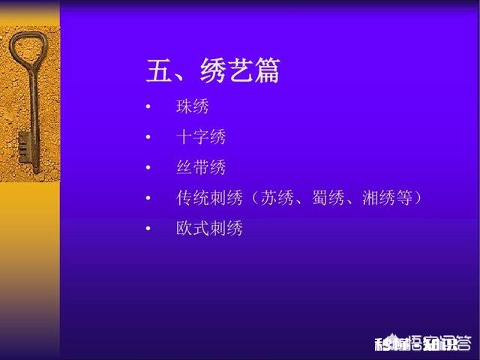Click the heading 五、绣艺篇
213,71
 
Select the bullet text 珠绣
192,106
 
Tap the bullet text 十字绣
200,137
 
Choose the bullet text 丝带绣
200,167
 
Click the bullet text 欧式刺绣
209,228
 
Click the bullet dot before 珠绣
148,106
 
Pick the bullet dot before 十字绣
148,137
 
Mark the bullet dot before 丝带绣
148,167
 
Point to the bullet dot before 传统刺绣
148,198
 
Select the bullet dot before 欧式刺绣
148,228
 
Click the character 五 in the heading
160,71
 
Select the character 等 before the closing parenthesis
406,198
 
